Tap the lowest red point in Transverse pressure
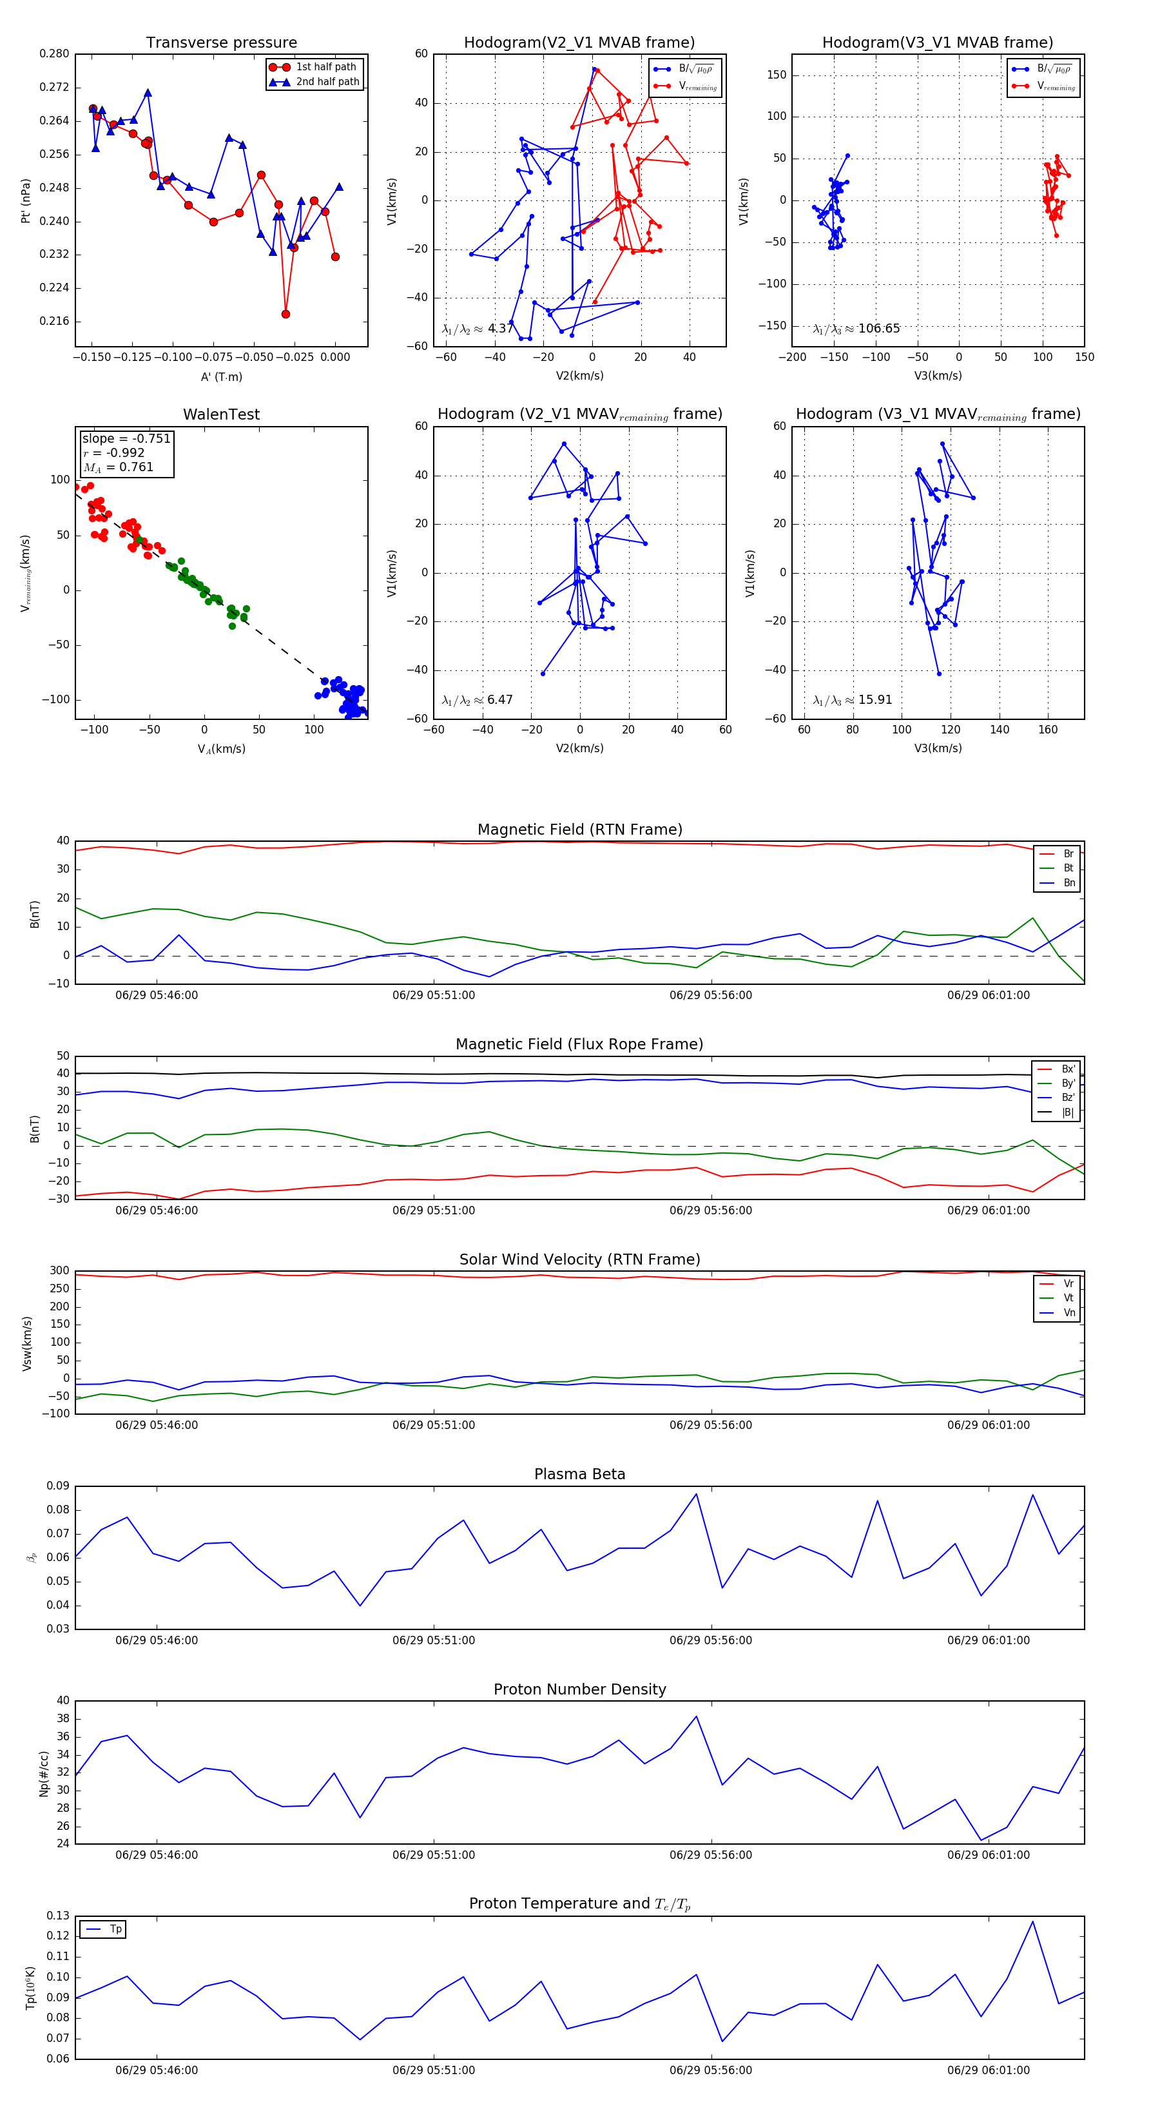point(285,314)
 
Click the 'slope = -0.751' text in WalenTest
point(126,438)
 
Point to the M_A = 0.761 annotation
point(118,467)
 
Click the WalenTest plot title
point(221,414)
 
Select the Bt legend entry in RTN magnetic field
point(1068,868)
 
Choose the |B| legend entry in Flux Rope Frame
point(1068,1112)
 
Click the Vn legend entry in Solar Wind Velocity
point(1068,1313)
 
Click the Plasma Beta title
point(579,1474)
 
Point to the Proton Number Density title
point(579,1689)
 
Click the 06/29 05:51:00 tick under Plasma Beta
point(434,1640)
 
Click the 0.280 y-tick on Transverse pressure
point(55,53)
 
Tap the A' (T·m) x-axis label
point(221,376)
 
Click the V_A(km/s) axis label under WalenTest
point(221,749)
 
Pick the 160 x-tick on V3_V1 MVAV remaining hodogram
point(1048,729)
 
